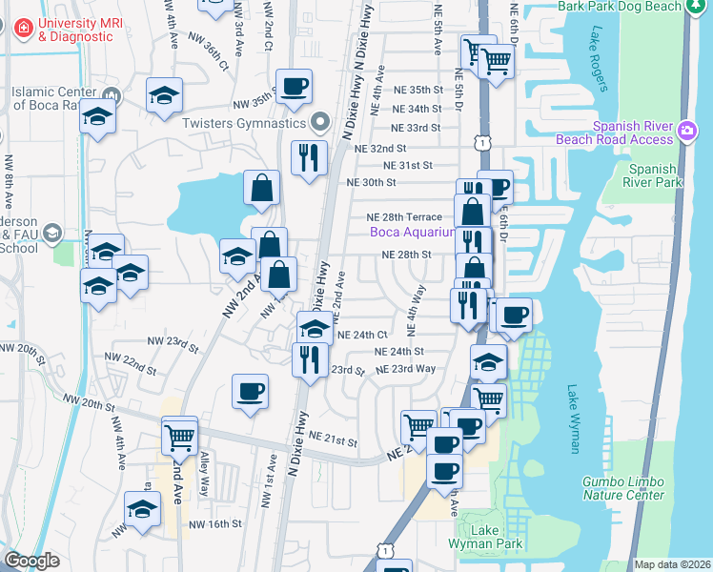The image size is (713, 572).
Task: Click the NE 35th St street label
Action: pos(418,90)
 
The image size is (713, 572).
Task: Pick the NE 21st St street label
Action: pos(334,442)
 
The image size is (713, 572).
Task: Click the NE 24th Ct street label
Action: pos(362,336)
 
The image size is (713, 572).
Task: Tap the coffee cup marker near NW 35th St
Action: pos(294,86)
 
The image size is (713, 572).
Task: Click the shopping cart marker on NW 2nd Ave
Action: pos(179,437)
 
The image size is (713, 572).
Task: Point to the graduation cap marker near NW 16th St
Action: pos(142,510)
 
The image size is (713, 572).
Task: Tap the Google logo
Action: pos(31,561)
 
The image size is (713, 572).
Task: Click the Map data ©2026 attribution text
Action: pos(672,564)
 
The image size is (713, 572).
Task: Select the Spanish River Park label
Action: pos(652,174)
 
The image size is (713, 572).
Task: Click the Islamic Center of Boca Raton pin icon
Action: pos(114,93)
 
